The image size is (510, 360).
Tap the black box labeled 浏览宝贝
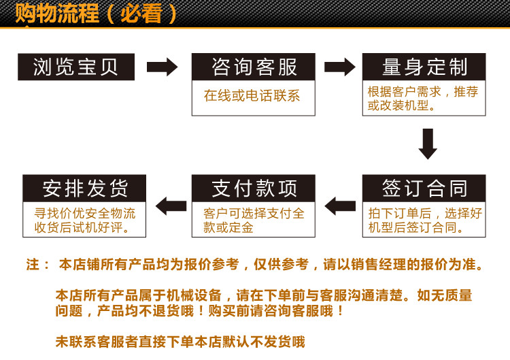point(75,67)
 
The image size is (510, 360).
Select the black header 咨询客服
point(254,67)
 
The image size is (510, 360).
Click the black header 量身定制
point(424,67)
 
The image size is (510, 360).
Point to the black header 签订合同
point(424,188)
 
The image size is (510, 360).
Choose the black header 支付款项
point(254,188)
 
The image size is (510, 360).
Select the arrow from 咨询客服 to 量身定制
point(339,67)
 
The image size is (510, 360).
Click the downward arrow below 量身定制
point(427,144)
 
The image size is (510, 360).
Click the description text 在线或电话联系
point(252,96)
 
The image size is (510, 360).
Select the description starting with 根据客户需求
point(423,98)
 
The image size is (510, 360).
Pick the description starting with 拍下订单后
point(424,220)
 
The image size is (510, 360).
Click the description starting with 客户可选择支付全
point(254,220)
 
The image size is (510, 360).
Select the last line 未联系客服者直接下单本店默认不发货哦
point(180,342)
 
